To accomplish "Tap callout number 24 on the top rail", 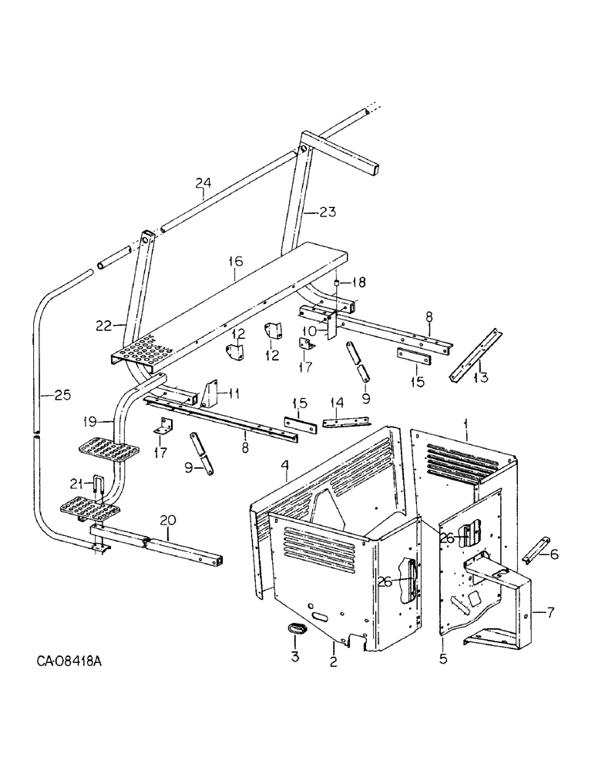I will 203,182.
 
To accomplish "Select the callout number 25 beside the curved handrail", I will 63,395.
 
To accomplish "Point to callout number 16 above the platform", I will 235,263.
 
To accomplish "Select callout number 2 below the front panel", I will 333,661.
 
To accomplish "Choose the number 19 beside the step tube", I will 90,421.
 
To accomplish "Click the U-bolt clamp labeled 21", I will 96,487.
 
